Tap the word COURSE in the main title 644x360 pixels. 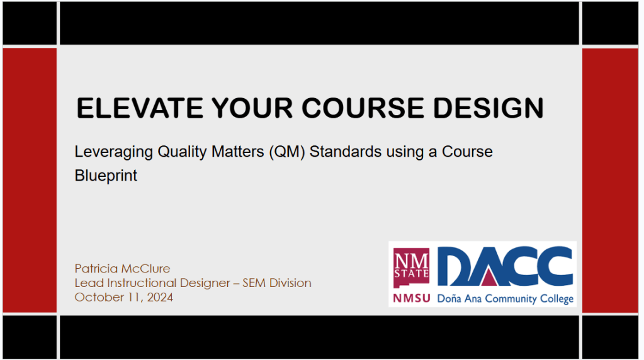(x=363, y=108)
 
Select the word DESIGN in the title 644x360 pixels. (x=489, y=108)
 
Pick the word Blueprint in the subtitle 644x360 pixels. (x=106, y=176)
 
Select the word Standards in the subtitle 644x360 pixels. (x=346, y=152)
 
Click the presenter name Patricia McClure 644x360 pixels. (x=122, y=269)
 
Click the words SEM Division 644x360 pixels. (x=277, y=283)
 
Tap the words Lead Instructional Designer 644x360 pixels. (x=152, y=283)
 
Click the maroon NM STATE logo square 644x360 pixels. (x=411, y=268)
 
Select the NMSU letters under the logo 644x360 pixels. (x=412, y=298)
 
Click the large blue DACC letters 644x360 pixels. (x=505, y=266)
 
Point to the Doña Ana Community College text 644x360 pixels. (x=505, y=299)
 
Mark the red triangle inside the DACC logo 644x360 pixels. (x=487, y=278)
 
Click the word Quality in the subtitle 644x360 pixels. (x=183, y=152)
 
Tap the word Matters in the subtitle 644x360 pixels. (x=238, y=152)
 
